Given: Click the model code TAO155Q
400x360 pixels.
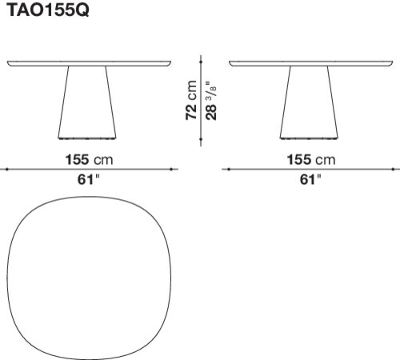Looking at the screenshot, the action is [x=49, y=10].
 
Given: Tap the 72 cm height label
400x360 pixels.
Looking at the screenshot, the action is [x=191, y=100].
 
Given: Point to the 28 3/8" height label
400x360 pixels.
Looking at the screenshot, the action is [x=211, y=100].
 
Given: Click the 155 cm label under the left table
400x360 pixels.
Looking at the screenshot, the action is [x=89, y=160].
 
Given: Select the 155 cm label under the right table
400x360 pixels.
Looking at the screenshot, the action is [x=311, y=160].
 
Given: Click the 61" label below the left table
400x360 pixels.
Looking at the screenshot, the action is [x=89, y=179].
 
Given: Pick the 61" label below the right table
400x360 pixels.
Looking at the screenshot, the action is [x=310, y=179].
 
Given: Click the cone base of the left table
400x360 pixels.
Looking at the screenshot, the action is [x=87, y=102].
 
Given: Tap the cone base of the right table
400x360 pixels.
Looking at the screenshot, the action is [x=309, y=102].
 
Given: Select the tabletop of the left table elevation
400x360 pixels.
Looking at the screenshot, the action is [x=89, y=63].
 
